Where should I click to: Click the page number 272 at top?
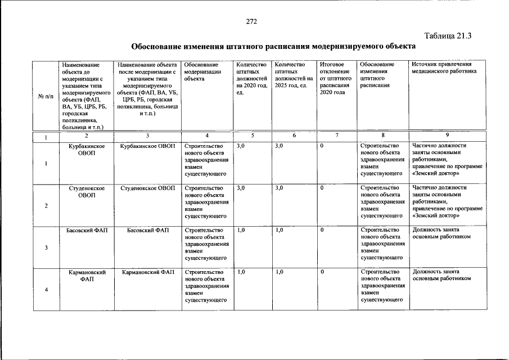(x=251, y=21)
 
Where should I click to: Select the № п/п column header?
(x=45, y=96)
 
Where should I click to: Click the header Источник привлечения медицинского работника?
(x=444, y=68)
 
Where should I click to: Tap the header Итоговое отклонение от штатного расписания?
(x=334, y=78)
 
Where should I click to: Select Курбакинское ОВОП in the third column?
(x=148, y=146)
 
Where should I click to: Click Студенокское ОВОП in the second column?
(x=86, y=191)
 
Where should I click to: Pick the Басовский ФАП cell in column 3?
(x=148, y=230)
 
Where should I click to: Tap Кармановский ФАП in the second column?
(x=86, y=275)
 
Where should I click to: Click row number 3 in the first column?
(x=46, y=248)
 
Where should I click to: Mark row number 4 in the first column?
(x=46, y=290)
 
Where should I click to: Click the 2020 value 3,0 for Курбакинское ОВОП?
(x=241, y=146)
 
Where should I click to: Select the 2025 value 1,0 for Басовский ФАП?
(x=280, y=230)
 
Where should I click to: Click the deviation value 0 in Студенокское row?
(x=323, y=188)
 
